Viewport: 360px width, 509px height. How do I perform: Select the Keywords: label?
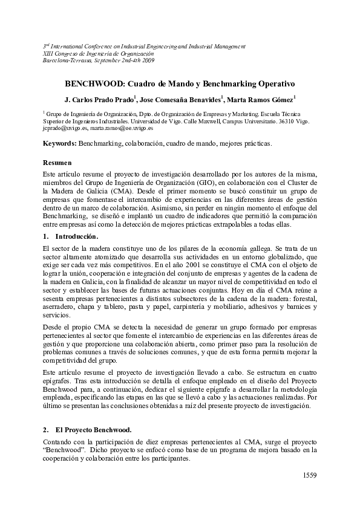pyautogui.click(x=59, y=143)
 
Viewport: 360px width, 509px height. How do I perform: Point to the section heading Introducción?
pyautogui.click(x=76, y=236)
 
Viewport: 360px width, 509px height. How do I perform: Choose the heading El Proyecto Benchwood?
pyautogui.click(x=93, y=430)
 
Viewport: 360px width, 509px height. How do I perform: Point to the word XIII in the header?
pyautogui.click(x=48, y=53)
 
